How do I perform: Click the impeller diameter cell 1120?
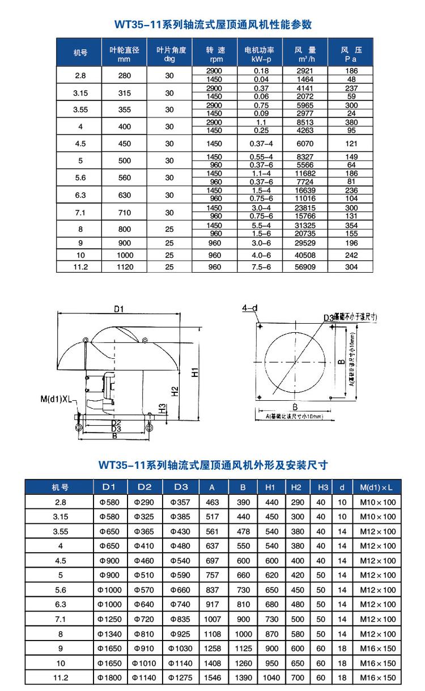(x=125, y=266)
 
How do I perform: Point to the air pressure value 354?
(x=351, y=226)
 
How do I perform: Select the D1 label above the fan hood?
(x=118, y=309)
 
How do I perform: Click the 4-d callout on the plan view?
(x=250, y=308)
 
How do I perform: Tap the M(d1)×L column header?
(x=376, y=487)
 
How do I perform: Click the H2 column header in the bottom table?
(x=296, y=487)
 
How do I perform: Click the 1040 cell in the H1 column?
(x=271, y=678)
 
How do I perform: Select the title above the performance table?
(x=213, y=24)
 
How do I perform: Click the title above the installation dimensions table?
(x=213, y=465)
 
